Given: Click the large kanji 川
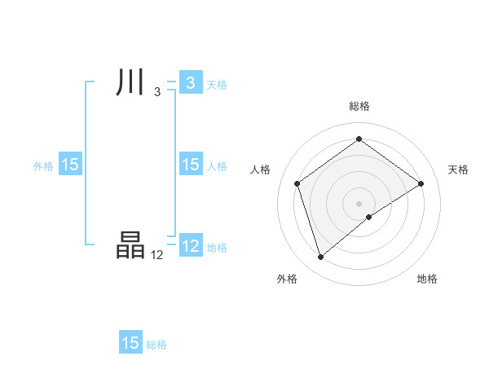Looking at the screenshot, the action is click(x=130, y=83).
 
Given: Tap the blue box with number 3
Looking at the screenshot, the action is click(x=190, y=83).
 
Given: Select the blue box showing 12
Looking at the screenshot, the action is click(x=190, y=246).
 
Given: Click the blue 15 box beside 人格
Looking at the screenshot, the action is click(x=190, y=165).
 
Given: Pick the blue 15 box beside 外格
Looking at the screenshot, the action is click(x=70, y=165).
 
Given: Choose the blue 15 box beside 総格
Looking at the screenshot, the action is click(x=130, y=343).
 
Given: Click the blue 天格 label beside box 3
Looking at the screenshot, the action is click(x=217, y=84).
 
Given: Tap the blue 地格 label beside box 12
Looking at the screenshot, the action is click(x=217, y=247).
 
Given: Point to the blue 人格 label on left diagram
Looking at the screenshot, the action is click(x=217, y=165).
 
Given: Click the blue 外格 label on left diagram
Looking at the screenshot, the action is click(x=43, y=165).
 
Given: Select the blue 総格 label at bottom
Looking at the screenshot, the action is click(x=156, y=345).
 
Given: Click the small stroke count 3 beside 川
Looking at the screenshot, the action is click(x=157, y=92).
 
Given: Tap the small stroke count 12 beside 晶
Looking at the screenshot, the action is click(x=157, y=255).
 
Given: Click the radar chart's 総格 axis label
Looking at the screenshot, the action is click(x=359, y=106).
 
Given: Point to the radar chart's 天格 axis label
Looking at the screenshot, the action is click(x=458, y=169).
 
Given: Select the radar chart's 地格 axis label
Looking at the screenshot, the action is click(x=427, y=279).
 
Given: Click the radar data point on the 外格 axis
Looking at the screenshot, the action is click(x=320, y=258).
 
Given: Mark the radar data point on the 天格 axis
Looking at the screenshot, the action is click(x=421, y=183).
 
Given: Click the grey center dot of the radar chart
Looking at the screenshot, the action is click(x=359, y=203).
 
